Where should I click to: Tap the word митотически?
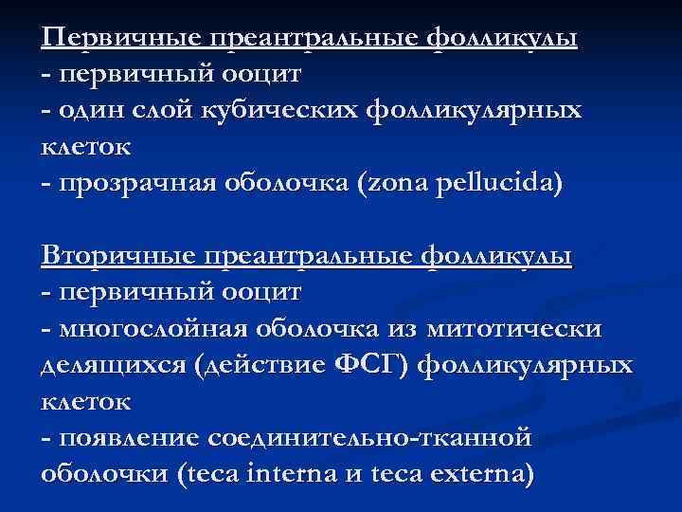(515, 329)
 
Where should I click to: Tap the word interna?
(309, 473)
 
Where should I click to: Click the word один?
(88, 111)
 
